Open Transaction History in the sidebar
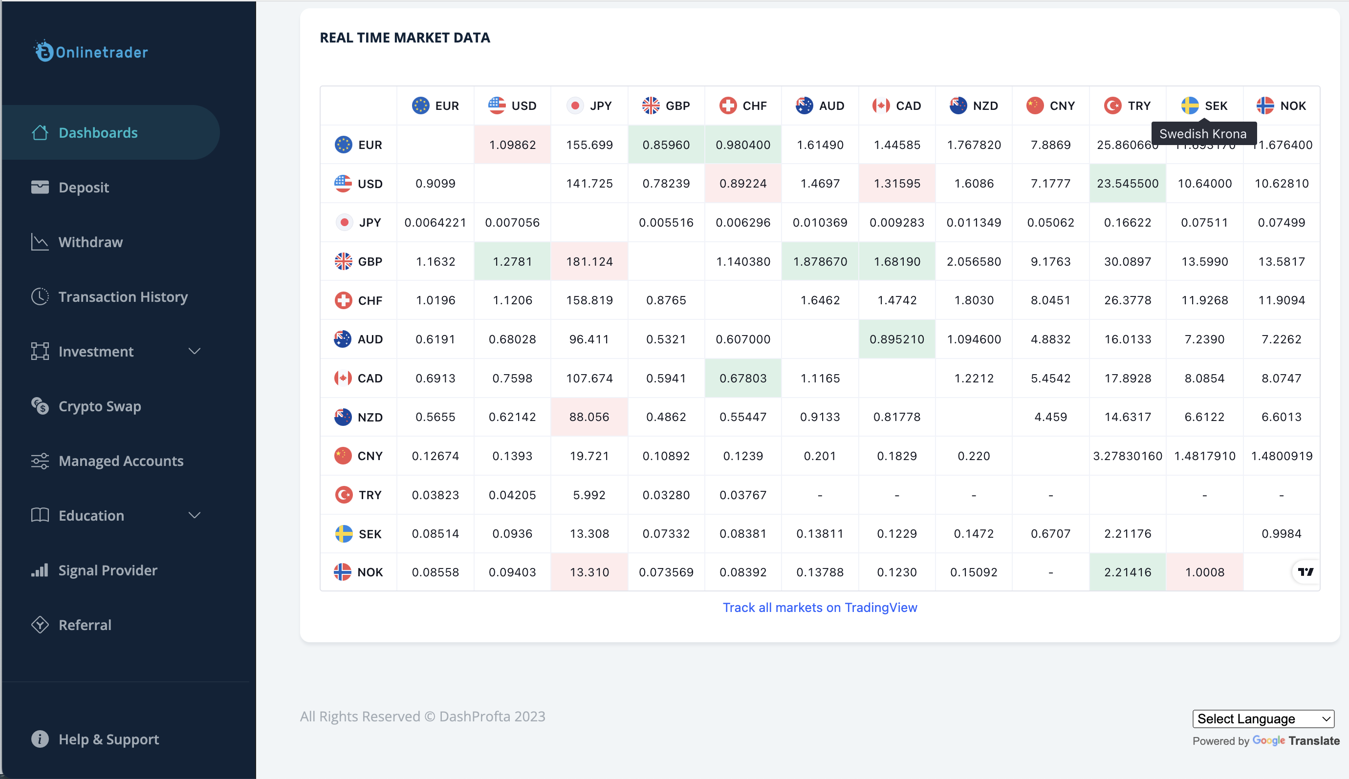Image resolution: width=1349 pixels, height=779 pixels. coord(123,296)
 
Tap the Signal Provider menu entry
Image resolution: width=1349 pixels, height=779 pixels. coord(108,570)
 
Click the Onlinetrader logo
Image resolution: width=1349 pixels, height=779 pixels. coord(91,52)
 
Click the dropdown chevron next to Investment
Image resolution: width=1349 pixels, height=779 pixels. coord(195,351)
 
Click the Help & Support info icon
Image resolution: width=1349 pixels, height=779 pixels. coord(40,739)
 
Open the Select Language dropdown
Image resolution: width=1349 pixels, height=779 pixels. coord(1263,718)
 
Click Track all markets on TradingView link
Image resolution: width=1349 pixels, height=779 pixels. coord(820,607)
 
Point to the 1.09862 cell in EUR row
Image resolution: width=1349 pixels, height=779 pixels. coord(512,145)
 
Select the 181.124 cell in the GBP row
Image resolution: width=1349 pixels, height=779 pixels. coord(589,261)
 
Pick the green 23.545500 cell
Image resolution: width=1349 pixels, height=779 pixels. coord(1128,184)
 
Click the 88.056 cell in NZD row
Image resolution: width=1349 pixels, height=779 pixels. coord(589,417)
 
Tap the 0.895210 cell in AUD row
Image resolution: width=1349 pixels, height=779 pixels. coord(897,339)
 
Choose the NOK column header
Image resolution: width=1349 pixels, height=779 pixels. coord(1282,105)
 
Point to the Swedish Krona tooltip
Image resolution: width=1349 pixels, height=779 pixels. coord(1203,134)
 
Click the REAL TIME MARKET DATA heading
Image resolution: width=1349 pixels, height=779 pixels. coord(405,38)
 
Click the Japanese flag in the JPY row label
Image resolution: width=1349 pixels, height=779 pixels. coord(344,222)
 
